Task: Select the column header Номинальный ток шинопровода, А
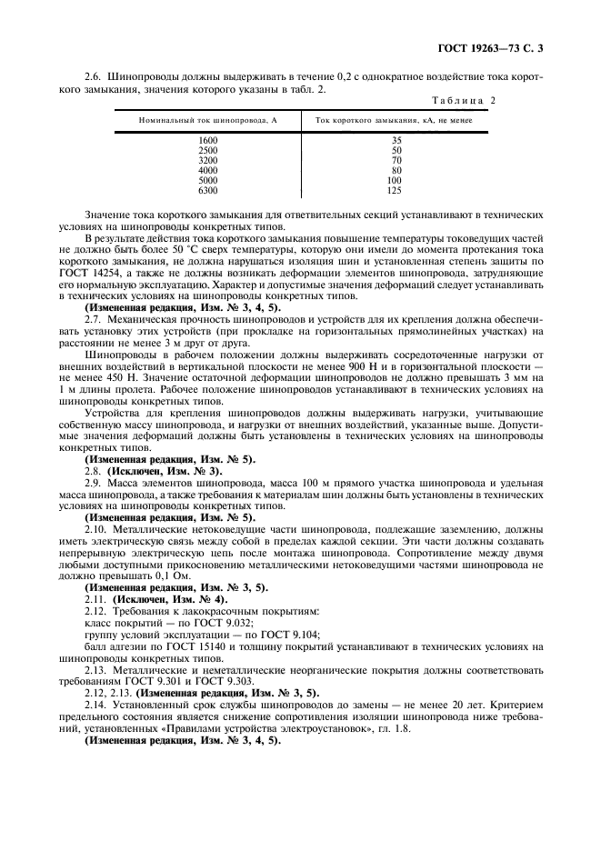207,120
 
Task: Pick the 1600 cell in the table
207,140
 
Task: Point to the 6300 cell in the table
207,190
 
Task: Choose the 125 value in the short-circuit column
396,190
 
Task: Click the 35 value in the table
396,140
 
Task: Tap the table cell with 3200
207,160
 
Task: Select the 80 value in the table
396,170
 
